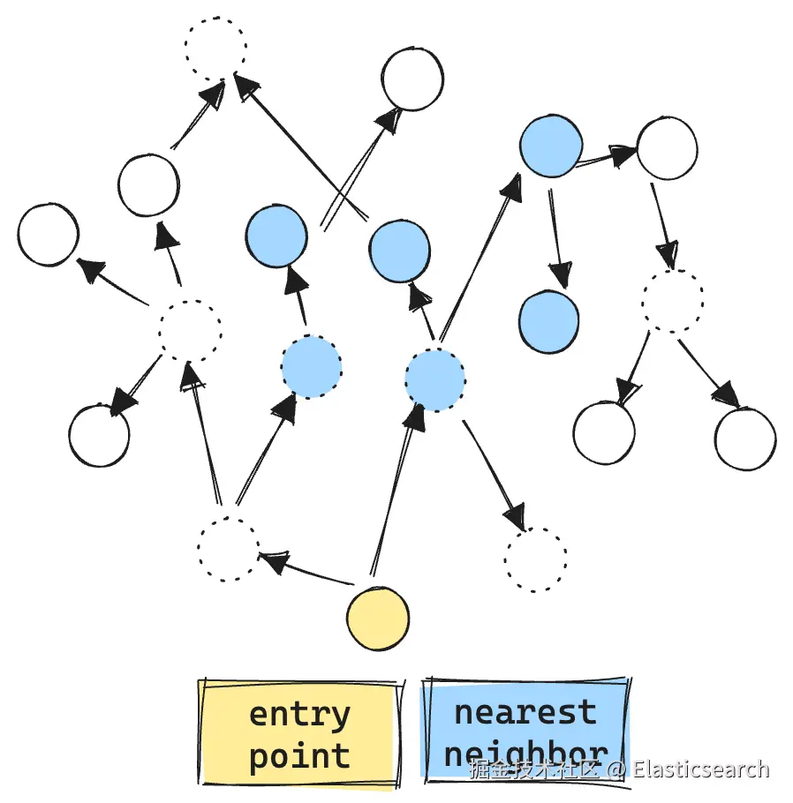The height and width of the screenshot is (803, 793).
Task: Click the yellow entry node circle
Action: click(x=378, y=617)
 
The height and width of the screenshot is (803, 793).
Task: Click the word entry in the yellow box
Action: click(x=299, y=713)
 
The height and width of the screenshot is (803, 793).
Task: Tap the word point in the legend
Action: click(x=299, y=756)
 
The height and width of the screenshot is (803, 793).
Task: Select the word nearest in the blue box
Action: click(x=525, y=711)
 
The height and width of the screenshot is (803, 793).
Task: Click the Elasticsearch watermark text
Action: click(x=701, y=769)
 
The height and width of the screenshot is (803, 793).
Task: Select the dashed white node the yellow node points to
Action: click(x=229, y=549)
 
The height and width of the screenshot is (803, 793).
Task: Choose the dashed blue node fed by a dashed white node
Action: click(x=311, y=367)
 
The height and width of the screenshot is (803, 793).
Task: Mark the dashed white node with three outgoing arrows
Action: click(x=189, y=331)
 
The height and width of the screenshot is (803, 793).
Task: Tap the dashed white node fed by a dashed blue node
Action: click(x=536, y=559)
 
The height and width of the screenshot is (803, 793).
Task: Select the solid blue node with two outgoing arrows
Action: click(x=551, y=146)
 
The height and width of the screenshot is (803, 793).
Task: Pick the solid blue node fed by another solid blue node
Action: click(x=548, y=322)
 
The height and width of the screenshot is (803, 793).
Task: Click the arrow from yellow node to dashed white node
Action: click(x=305, y=569)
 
